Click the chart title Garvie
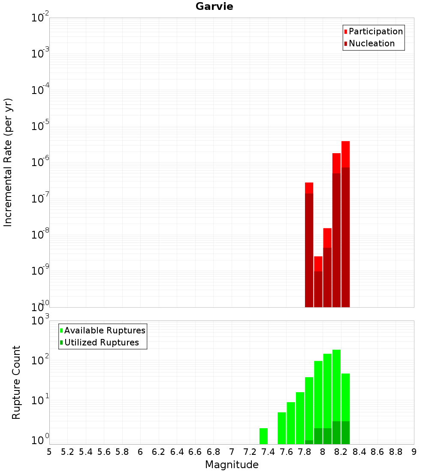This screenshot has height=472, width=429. pyautogui.click(x=214, y=6)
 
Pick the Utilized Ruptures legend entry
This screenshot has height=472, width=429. pyautogui.click(x=101, y=342)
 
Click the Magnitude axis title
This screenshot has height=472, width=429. pyautogui.click(x=232, y=465)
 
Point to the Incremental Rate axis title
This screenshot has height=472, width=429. pyautogui.click(x=8, y=162)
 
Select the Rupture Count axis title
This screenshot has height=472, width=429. pyautogui.click(x=16, y=382)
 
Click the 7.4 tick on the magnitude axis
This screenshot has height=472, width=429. pyautogui.click(x=268, y=452)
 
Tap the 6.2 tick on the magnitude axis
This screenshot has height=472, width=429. pyautogui.click(x=159, y=452)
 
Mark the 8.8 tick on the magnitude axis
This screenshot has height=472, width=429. pyautogui.click(x=396, y=452)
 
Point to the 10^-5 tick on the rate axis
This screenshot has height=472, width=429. pyautogui.click(x=40, y=126)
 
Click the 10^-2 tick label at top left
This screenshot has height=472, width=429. pyautogui.click(x=40, y=18)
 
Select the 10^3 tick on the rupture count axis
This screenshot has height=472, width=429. pyautogui.click(x=40, y=321)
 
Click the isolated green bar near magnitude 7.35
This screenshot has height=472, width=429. pyautogui.click(x=263, y=436)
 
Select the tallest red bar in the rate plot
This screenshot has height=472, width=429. pyautogui.click(x=345, y=223)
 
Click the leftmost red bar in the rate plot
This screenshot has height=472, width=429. pyautogui.click(x=309, y=245)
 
